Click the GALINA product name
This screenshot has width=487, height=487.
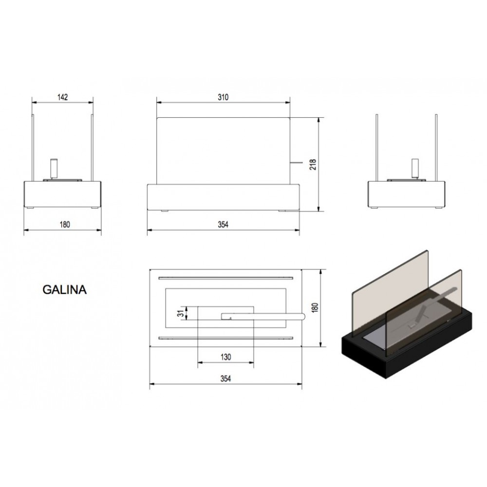point(64,289)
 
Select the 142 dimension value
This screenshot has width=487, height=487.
point(62,97)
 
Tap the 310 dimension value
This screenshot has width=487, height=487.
point(223,97)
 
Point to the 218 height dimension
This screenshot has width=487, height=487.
point(313,164)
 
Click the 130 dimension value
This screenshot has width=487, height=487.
point(226,357)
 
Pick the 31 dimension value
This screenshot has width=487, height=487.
point(181,314)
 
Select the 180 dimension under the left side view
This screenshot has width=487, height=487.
point(65,224)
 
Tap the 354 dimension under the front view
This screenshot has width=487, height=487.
point(223,224)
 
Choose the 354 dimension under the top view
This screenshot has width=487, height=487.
point(226,378)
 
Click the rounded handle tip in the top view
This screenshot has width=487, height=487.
point(303,317)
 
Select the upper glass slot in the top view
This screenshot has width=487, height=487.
point(226,278)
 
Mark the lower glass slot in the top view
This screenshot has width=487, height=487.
point(226,338)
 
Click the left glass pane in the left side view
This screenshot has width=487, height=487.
point(33,148)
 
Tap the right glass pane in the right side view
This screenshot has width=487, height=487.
point(436,148)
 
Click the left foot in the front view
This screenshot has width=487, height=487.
point(165,211)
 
